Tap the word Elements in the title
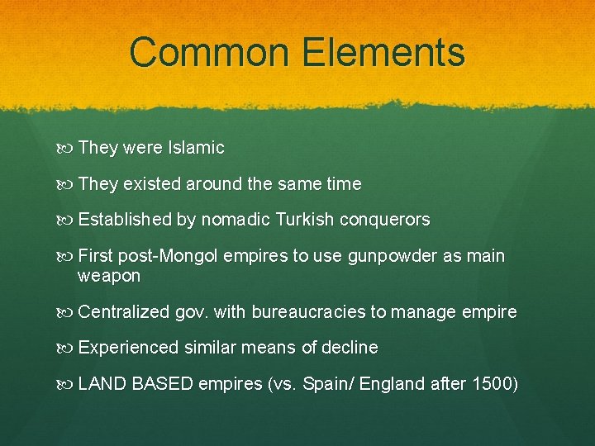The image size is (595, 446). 384,51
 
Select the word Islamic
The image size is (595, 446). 196,148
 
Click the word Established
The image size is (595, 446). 125,220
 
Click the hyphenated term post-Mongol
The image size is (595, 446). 169,256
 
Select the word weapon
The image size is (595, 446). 108,276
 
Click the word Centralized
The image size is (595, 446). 124,312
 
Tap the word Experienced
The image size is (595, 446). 127,348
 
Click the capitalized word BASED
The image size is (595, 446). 162,384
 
